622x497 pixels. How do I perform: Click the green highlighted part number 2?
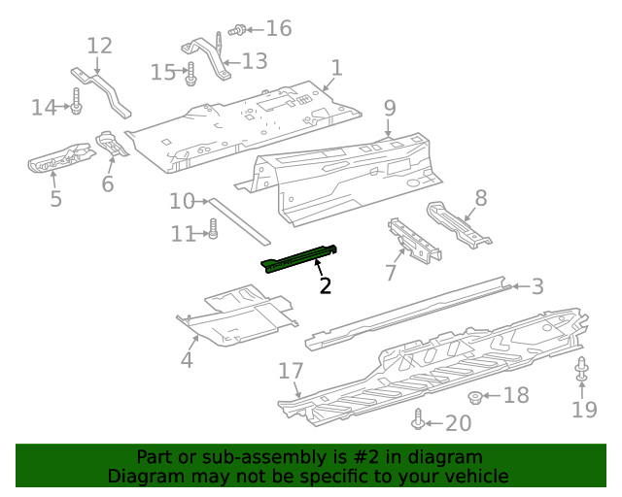tap(299, 259)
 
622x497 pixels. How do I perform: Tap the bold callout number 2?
tap(326, 285)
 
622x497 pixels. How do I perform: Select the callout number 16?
tap(278, 28)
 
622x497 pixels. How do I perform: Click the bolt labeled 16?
tap(235, 31)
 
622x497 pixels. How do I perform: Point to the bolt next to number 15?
tap(191, 72)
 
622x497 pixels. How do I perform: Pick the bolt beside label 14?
tap(75, 100)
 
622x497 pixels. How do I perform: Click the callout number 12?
tap(100, 46)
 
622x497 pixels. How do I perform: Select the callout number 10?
tap(182, 201)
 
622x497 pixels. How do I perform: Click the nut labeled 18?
tap(476, 396)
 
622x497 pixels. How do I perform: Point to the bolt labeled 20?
tap(418, 420)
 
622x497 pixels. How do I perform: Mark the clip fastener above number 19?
tap(582, 370)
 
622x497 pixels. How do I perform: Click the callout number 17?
tap(292, 371)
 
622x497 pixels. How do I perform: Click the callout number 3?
tap(537, 285)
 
